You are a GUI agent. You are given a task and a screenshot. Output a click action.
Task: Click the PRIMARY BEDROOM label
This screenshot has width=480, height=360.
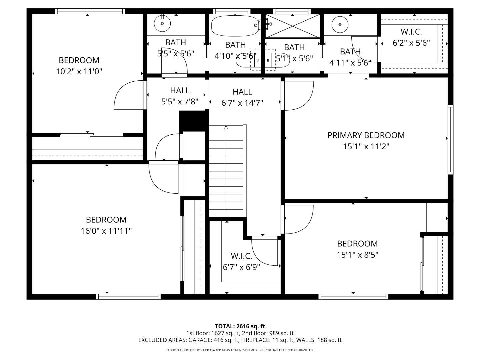click(366, 135)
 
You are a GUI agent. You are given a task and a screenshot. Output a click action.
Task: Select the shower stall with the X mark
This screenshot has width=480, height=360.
click(293, 26)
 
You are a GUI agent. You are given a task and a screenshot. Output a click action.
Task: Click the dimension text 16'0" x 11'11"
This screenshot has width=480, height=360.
click(106, 231)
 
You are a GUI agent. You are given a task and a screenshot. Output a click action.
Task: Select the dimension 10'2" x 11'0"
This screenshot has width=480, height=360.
click(79, 71)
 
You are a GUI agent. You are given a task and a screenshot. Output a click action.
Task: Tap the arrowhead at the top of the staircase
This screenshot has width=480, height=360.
click(226, 127)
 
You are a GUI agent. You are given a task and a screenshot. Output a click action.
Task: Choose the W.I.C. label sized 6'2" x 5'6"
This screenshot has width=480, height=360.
click(411, 32)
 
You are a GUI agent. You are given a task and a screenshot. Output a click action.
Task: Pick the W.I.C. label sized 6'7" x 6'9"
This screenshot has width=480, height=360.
click(241, 256)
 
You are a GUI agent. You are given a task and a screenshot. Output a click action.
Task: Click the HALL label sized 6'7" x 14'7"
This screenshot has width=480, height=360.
click(242, 92)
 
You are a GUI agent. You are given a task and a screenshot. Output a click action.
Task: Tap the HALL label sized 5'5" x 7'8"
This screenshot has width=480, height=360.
click(180, 90)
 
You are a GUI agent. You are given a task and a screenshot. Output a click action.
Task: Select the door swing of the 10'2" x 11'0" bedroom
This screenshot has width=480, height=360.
click(128, 95)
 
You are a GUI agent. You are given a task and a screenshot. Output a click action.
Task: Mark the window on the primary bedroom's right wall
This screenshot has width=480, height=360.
click(450, 139)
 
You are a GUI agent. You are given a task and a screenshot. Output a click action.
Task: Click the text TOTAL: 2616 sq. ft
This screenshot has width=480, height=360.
click(240, 326)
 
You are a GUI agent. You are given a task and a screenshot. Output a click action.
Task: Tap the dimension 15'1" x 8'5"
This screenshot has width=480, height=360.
click(357, 255)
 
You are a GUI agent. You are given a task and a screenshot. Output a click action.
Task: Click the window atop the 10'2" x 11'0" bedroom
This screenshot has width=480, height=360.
click(90, 11)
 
